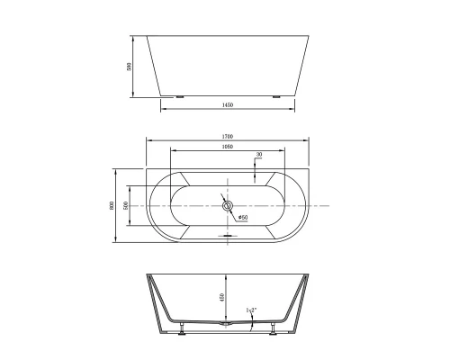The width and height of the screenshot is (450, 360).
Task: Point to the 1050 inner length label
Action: (227, 147)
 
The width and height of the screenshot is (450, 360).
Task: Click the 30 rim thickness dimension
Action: (259, 155)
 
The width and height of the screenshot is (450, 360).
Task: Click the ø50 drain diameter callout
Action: (243, 217)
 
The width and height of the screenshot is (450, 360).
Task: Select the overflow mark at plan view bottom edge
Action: (228, 236)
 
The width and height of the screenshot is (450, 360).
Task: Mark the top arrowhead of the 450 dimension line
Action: (226, 275)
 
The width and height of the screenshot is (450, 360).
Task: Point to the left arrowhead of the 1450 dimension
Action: (163, 111)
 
